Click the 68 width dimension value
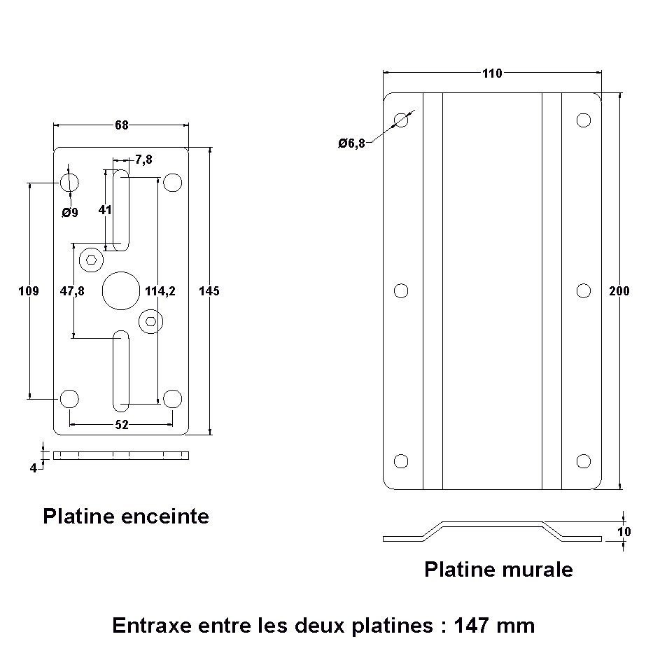(121, 125)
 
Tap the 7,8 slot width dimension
(143, 160)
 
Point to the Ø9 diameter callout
(70, 213)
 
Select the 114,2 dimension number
(160, 291)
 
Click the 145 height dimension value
(209, 291)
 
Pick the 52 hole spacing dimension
(121, 425)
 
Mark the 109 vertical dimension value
(29, 291)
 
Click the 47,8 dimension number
(72, 291)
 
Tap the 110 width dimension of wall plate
(492, 73)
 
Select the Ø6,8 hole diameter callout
(351, 143)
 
